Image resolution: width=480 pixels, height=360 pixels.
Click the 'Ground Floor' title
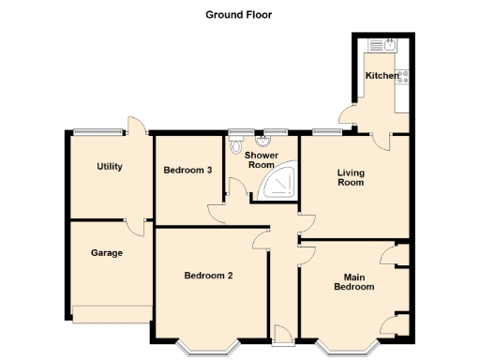239,15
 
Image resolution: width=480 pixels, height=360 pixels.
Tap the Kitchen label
382,75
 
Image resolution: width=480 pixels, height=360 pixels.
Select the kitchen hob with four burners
402,79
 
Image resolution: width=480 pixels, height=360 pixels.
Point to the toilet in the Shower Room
235,146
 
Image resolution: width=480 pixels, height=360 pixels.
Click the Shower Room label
262,160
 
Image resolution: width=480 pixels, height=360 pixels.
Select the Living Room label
351,177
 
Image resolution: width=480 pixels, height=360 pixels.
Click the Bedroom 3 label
187,170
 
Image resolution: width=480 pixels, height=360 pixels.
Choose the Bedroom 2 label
208,276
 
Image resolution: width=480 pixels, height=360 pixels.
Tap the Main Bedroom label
354,281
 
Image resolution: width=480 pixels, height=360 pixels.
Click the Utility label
110,167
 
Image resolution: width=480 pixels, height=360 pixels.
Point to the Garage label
107,252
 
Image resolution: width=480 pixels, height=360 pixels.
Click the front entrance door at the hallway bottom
283,331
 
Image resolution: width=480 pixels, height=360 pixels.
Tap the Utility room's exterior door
136,130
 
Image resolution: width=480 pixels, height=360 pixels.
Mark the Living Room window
326,130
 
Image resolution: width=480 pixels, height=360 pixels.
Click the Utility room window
98,130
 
